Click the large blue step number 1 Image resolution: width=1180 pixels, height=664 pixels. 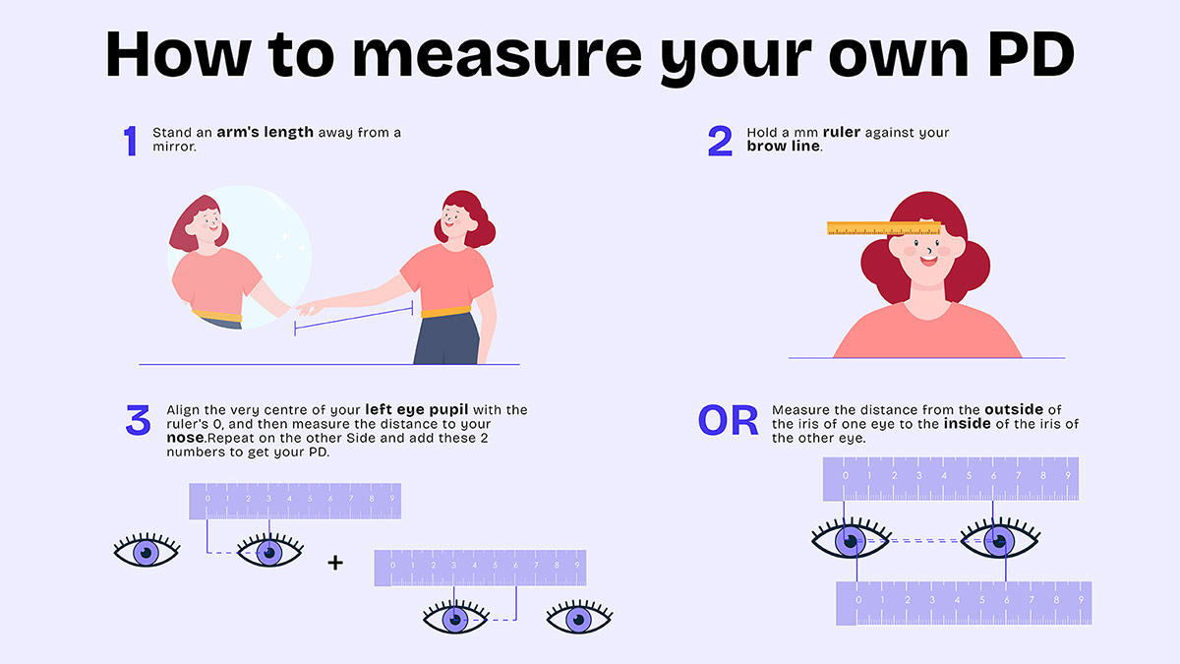130,141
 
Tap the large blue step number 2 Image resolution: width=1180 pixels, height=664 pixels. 720,141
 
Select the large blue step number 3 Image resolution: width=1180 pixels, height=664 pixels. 138,420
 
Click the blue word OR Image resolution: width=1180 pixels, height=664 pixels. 728,421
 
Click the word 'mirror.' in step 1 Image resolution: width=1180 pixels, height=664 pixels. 175,147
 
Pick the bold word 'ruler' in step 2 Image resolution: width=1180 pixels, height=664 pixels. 842,133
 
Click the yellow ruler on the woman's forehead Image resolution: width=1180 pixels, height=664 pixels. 884,229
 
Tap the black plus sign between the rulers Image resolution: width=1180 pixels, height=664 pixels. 336,563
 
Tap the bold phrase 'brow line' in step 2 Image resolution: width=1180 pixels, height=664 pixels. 784,147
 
